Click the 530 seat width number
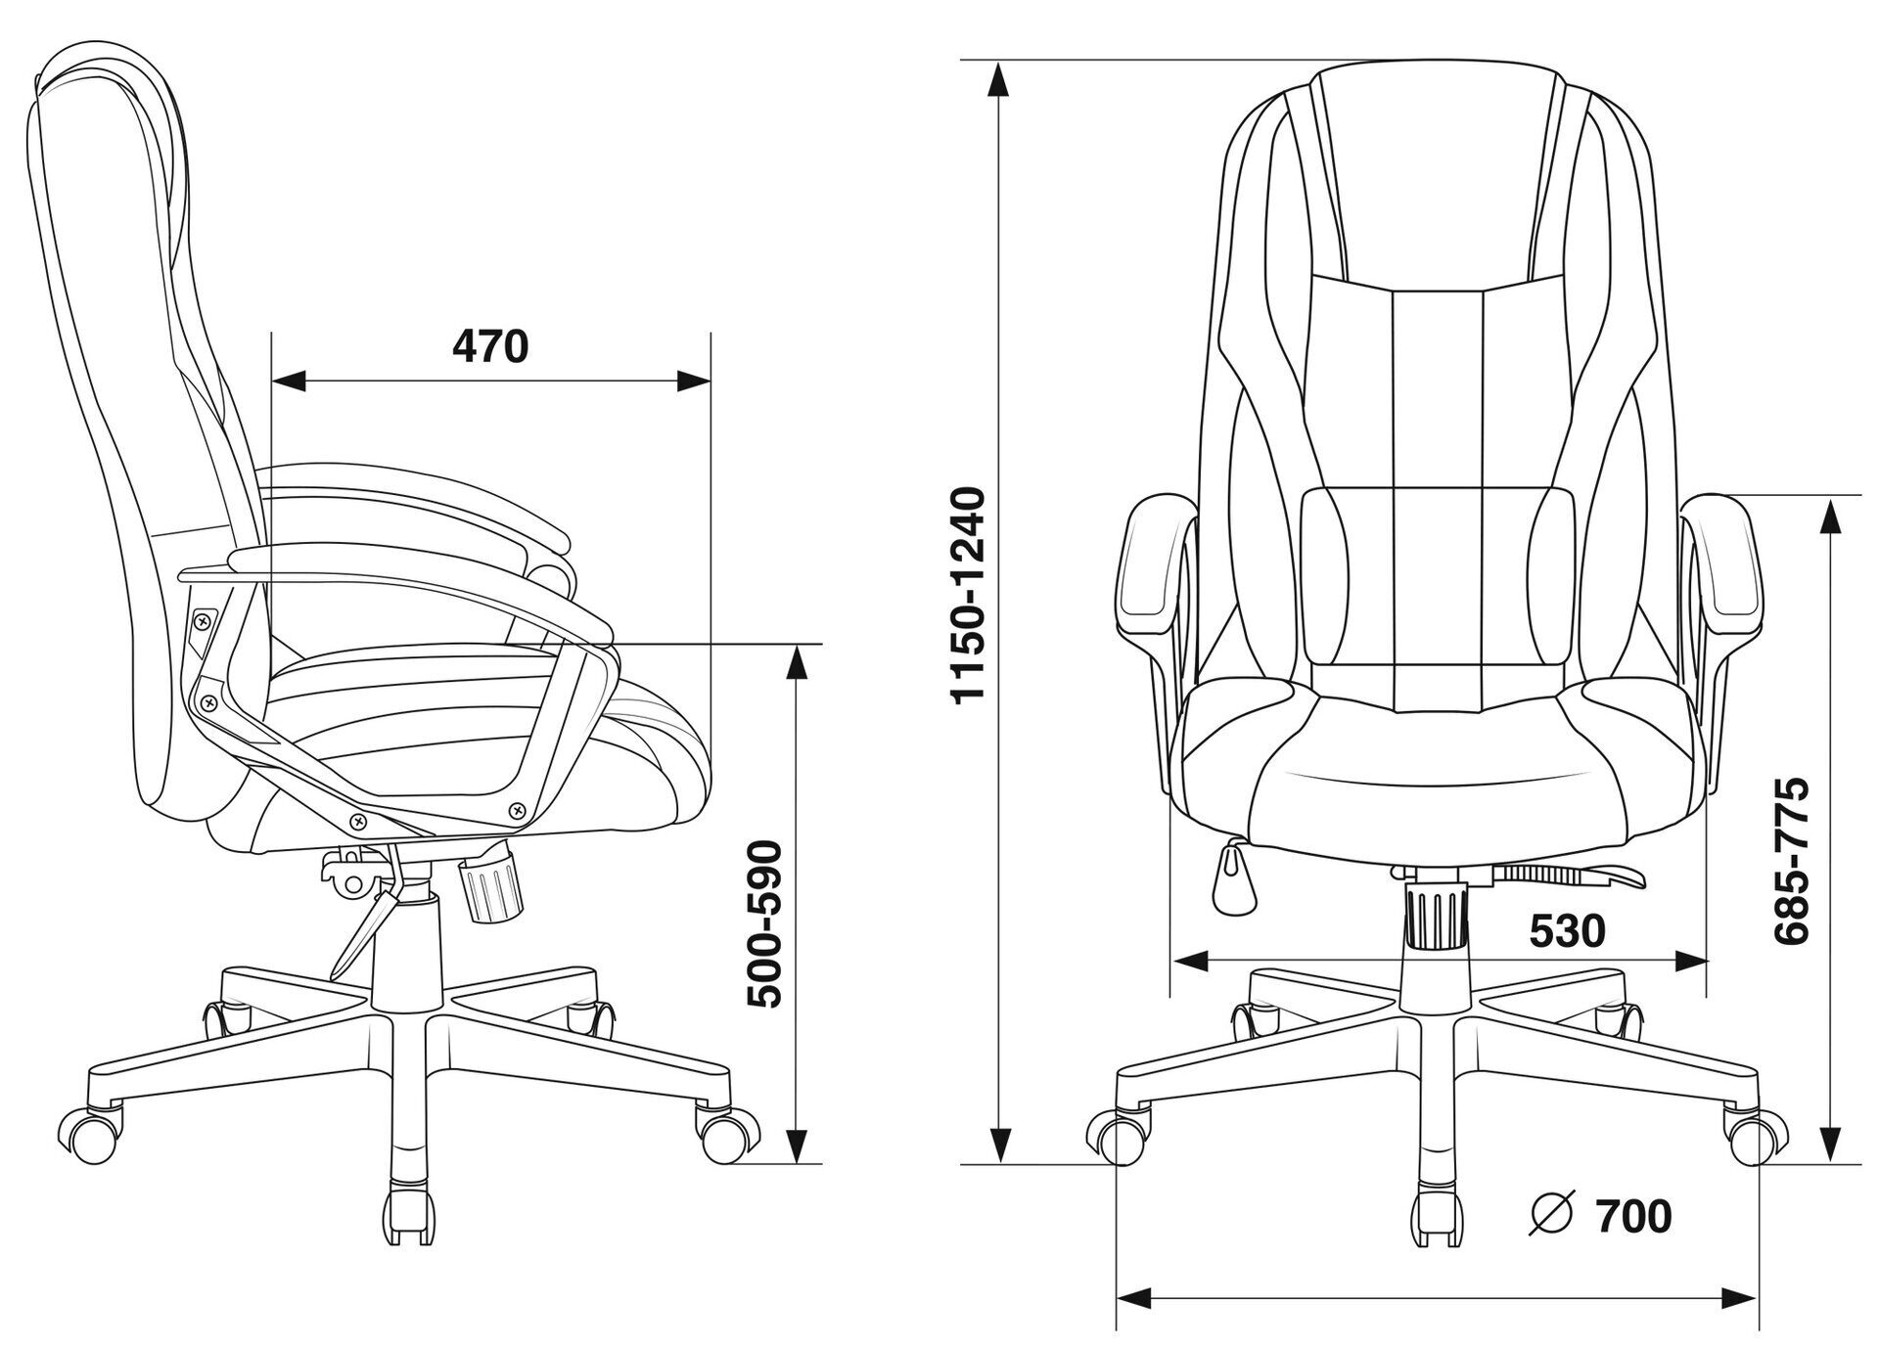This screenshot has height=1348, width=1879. click(1567, 930)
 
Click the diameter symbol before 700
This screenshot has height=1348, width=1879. click(1551, 1216)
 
